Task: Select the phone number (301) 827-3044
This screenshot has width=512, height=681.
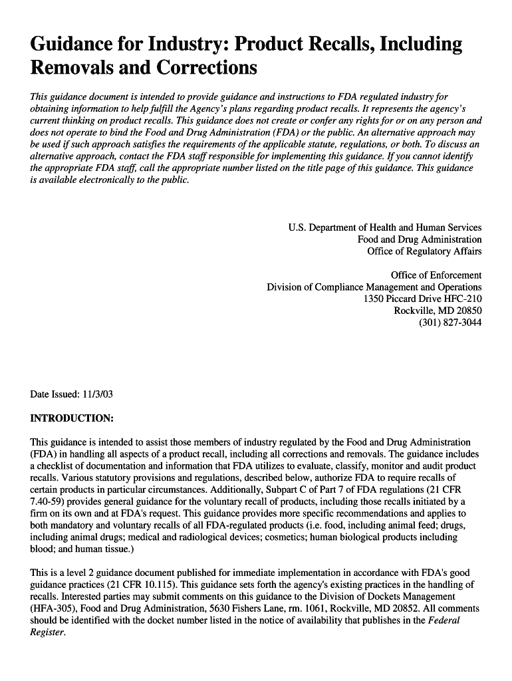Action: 450,323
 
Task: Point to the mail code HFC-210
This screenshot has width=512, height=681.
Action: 460,299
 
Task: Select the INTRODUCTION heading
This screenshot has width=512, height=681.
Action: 72,418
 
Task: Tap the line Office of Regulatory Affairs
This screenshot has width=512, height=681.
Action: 424,251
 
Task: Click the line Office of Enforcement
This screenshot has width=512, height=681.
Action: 436,275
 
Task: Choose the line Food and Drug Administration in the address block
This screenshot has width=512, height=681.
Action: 420,239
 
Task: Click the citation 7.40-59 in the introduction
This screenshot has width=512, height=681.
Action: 49,501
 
